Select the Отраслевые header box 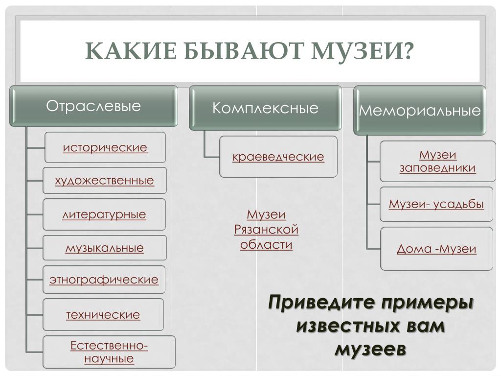coord(93,106)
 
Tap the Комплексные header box coord(265,108)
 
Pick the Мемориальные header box coord(420,110)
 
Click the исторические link coord(105,147)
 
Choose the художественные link coord(105,181)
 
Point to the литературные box coord(105,214)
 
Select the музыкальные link coord(105,248)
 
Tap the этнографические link coord(104,280)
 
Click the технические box coord(103,314)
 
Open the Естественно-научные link coord(109,352)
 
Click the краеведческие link coord(278,157)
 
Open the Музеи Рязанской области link coord(266,230)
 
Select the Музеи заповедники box coord(437,162)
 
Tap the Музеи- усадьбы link coord(436,204)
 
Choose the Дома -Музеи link coord(436,249)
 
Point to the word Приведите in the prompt coord(318,302)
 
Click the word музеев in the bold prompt coord(370,350)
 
